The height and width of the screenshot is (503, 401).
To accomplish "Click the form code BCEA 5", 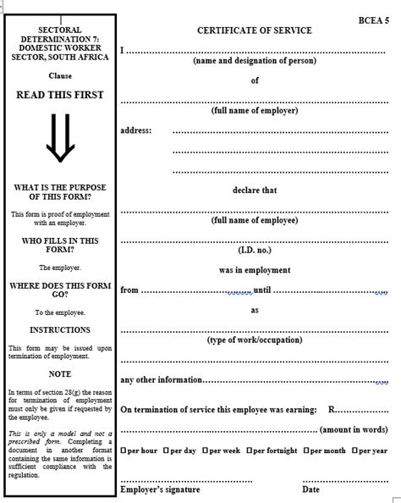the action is click(x=373, y=18).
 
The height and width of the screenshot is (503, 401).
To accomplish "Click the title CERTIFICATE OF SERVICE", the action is click(x=255, y=30).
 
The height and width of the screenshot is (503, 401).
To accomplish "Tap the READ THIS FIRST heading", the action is click(x=59, y=95).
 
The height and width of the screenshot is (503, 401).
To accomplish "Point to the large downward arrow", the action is click(x=59, y=138).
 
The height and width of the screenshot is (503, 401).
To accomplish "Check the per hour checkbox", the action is click(x=124, y=450).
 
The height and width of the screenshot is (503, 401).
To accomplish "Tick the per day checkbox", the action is click(x=167, y=450).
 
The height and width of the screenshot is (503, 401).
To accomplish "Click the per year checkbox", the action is click(x=355, y=450).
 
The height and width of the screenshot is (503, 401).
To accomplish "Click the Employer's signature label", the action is click(x=160, y=489).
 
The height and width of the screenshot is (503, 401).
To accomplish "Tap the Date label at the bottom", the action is click(x=310, y=489).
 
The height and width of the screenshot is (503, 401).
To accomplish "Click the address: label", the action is click(x=135, y=130).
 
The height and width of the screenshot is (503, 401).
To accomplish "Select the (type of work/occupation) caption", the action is click(x=254, y=340).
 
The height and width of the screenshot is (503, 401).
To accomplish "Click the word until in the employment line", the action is click(x=262, y=290).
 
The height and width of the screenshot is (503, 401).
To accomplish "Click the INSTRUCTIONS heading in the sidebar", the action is click(x=60, y=330).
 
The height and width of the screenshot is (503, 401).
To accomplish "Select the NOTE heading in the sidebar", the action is click(x=60, y=373).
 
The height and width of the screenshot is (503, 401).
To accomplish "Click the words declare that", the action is click(x=255, y=190).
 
